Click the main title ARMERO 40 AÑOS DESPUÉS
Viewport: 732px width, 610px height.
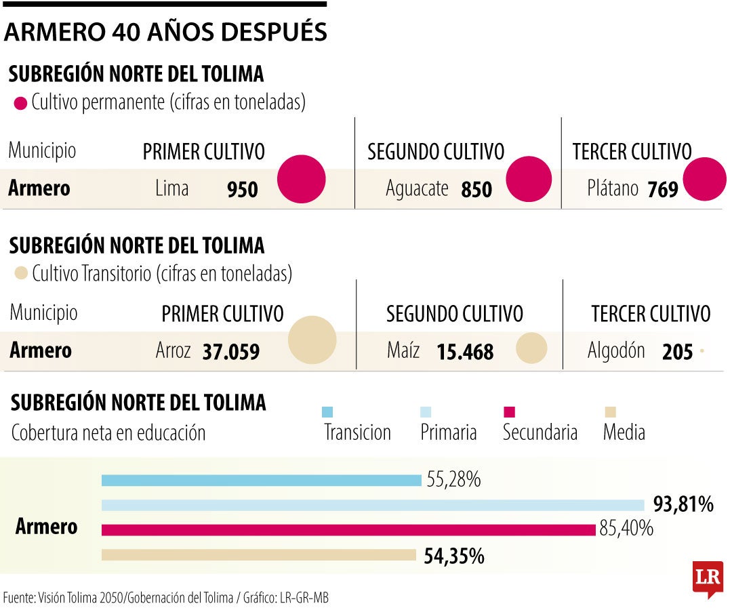coord(165,32)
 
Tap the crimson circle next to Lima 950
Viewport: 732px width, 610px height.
coord(302,179)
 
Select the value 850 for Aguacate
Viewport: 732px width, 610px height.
coord(476,190)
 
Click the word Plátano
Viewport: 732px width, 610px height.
coord(613,188)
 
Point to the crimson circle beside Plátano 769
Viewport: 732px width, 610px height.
coord(704,179)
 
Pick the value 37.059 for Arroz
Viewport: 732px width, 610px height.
coord(230,352)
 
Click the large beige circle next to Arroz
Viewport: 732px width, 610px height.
coord(312,340)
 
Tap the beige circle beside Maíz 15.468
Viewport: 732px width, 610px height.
coord(531,348)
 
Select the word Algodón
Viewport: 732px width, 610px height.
coord(615,350)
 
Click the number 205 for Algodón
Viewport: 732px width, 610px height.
coord(678,352)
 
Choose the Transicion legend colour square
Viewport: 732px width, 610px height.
coord(327,411)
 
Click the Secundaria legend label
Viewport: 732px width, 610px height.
coord(540,432)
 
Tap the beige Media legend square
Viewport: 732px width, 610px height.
coord(610,411)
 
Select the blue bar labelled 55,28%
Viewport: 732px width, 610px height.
coord(261,481)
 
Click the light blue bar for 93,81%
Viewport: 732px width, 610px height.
coord(373,505)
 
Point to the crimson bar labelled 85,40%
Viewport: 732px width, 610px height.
coord(348,529)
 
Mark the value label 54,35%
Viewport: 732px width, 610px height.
coord(454,556)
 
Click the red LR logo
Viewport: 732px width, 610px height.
coord(708,578)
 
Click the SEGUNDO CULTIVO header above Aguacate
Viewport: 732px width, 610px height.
coord(436,152)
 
